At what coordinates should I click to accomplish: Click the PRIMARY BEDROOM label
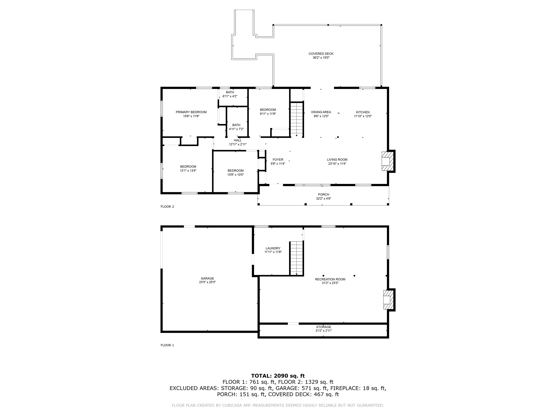(191, 112)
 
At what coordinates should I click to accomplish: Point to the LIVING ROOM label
(337, 160)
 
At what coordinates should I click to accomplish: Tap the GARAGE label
(207, 278)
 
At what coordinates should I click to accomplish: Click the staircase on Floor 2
(297, 119)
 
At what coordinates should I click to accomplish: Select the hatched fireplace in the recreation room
(388, 300)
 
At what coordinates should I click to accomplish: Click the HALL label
(238, 140)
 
